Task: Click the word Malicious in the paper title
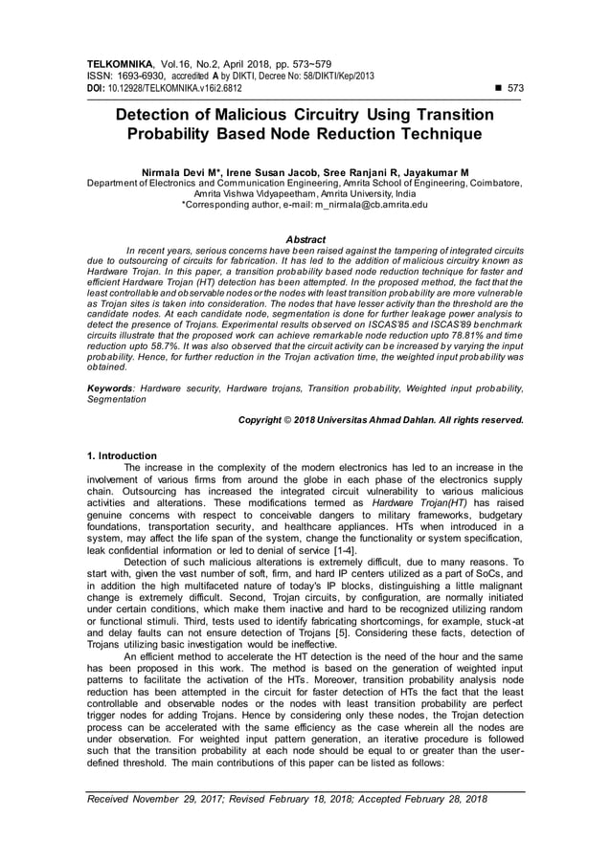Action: click(x=260, y=115)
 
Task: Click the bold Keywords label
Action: click(x=109, y=387)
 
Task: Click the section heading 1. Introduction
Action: click(x=122, y=455)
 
